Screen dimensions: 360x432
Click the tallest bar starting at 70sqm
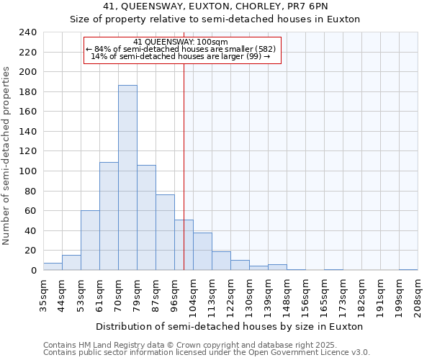pos(127,178)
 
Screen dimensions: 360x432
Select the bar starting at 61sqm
pos(109,216)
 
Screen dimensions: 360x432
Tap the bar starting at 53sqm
pos(90,240)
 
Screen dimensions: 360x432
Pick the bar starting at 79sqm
pos(146,217)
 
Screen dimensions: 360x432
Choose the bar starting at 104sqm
pos(202,251)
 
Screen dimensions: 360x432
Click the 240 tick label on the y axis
pos(28,32)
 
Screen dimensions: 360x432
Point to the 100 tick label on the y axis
pos(28,171)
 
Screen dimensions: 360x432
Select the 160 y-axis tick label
pos(28,112)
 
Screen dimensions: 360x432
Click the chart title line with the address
pos(215,6)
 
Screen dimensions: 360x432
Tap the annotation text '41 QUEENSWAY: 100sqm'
pos(181,42)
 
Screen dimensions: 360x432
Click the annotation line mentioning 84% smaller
pos(181,49)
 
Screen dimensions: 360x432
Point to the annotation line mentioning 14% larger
pos(181,56)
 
